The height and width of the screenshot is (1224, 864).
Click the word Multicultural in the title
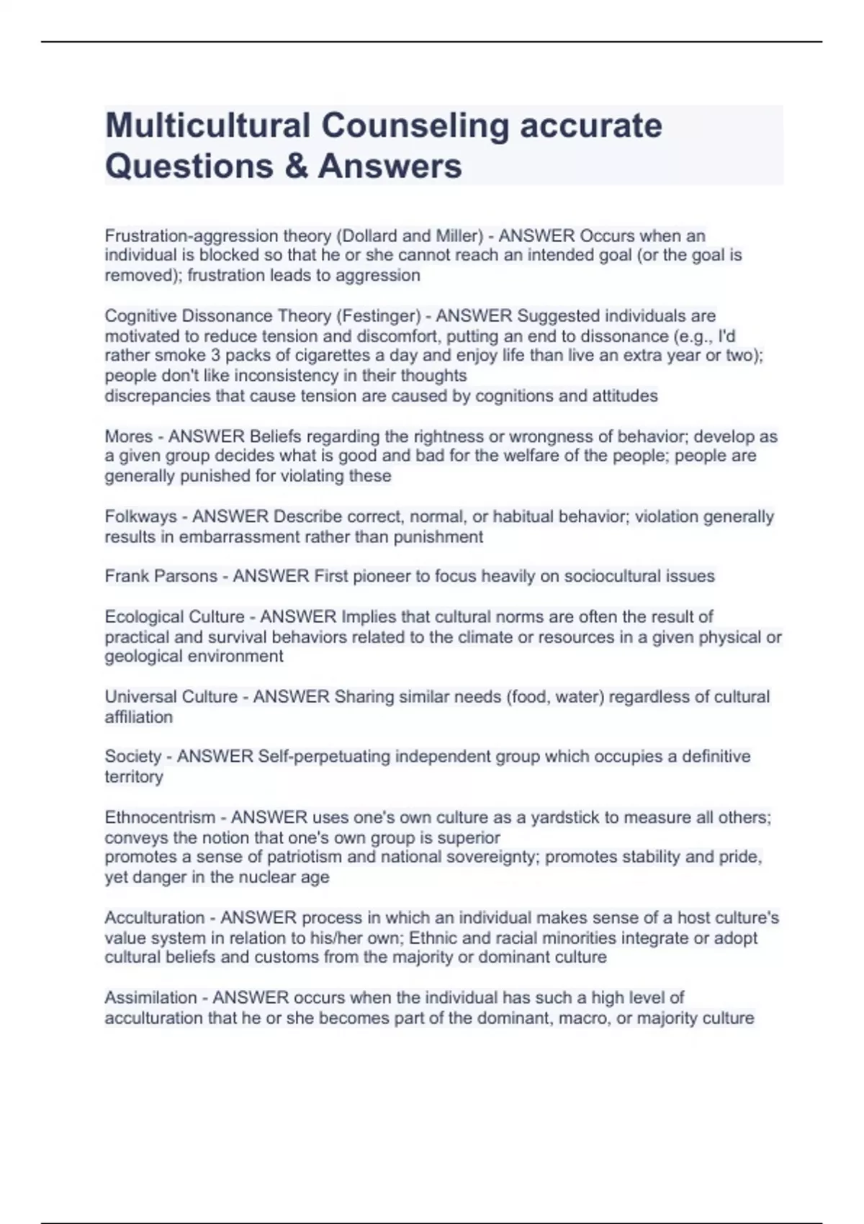coord(207,125)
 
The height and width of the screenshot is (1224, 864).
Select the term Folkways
coord(140,516)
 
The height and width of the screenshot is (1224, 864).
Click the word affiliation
coord(138,717)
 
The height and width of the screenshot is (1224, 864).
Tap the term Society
coord(132,756)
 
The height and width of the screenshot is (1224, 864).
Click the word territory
coord(134,777)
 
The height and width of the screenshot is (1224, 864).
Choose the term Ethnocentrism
coord(160,817)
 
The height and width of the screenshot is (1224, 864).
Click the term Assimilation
coord(150,997)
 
